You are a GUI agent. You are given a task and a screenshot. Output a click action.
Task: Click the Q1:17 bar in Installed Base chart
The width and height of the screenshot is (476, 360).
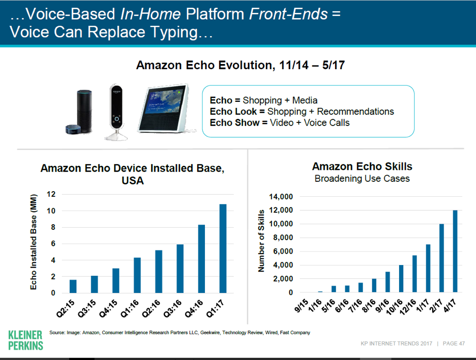click(223, 248)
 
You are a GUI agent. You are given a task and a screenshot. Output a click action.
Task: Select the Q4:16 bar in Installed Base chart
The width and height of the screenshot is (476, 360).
click(201, 259)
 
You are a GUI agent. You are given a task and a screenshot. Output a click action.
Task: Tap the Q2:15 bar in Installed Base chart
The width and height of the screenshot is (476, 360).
click(73, 286)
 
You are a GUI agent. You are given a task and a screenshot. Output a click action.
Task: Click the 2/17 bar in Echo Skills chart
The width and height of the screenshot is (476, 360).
click(442, 258)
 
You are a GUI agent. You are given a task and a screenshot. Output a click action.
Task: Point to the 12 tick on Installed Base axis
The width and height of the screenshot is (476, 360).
click(51, 194)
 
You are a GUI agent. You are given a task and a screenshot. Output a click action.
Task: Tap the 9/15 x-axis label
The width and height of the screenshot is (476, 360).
click(303, 304)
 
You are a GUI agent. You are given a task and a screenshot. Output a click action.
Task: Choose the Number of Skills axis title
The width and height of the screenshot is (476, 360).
click(261, 240)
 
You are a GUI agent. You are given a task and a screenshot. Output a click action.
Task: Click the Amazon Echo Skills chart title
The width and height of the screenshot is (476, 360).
click(362, 167)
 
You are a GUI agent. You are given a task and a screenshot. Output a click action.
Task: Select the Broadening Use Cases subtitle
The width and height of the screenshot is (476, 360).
click(362, 179)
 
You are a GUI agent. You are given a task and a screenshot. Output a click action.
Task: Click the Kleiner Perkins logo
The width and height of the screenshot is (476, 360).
click(26, 339)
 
